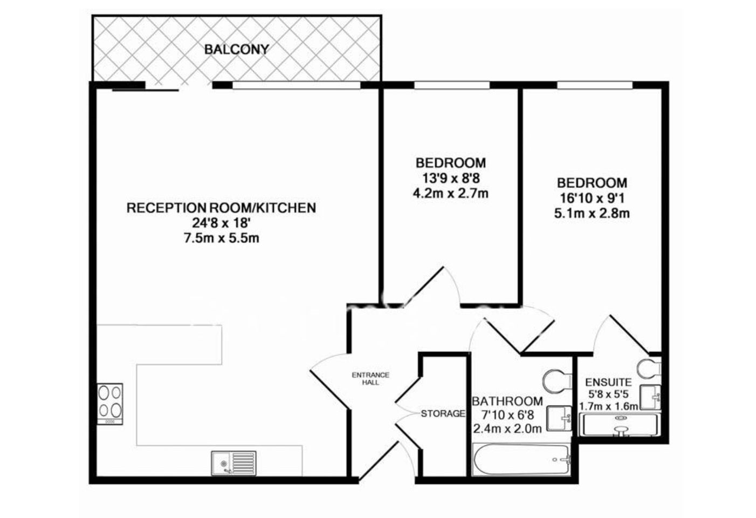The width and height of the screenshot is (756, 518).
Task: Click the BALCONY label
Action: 237,50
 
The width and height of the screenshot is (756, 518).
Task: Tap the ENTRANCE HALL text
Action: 370,379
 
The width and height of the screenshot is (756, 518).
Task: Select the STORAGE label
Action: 443,413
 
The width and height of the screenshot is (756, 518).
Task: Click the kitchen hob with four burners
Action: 110,404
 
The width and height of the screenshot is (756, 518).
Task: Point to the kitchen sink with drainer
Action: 233,463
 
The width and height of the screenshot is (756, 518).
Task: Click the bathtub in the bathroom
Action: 522,460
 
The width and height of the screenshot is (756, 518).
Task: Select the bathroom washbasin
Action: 559,418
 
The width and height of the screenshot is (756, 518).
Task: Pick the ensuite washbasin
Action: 650,397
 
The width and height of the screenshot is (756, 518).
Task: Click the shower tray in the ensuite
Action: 619,425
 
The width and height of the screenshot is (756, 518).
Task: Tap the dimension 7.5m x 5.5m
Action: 222,238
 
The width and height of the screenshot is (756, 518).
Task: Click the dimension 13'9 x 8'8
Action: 451,178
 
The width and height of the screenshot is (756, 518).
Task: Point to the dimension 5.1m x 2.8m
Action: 592,214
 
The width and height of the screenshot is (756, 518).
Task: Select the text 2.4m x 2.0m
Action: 507,429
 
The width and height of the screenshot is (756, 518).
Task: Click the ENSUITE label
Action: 608,382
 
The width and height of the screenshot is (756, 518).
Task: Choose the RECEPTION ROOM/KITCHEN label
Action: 222,208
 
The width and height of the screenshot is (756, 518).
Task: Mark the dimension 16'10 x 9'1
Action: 592,198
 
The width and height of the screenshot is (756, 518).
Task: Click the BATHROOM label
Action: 507,401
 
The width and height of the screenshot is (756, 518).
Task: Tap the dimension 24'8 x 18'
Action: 221,223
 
